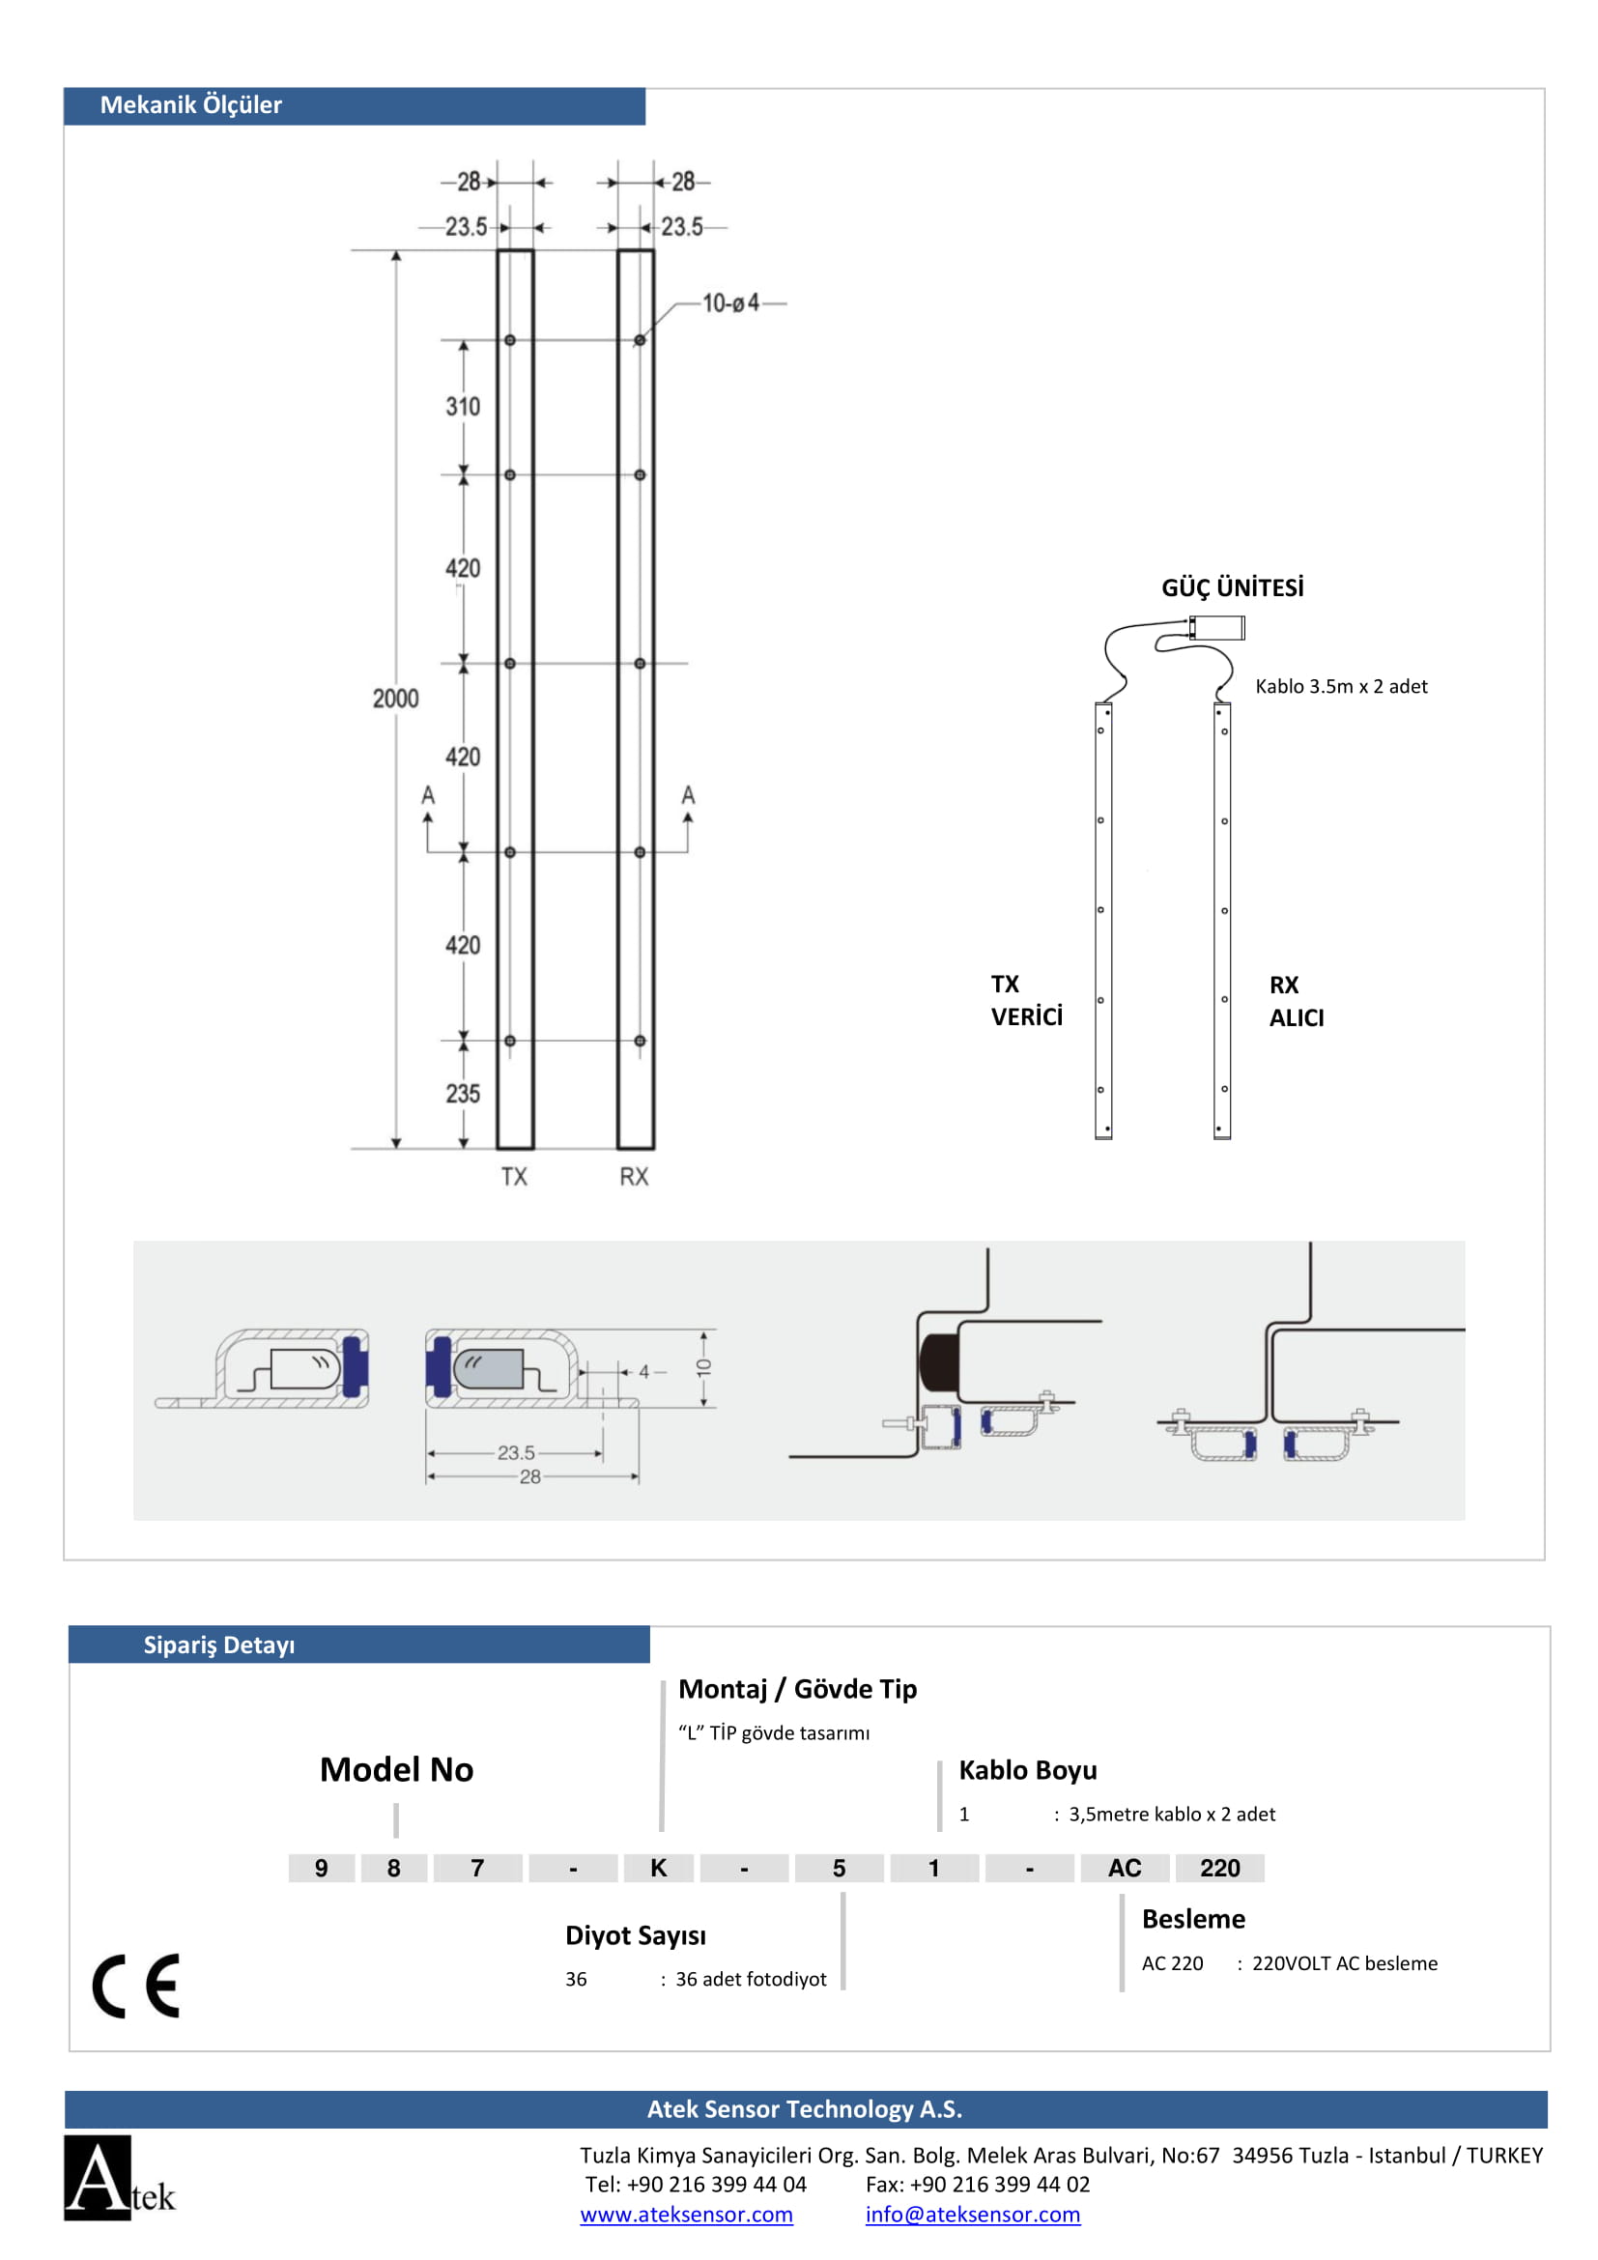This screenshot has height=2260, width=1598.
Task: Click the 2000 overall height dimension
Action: (394, 698)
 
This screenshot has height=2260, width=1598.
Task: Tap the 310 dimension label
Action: (463, 407)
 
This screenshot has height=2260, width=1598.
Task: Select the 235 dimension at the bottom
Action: (463, 1094)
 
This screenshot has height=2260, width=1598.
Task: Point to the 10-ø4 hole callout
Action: (730, 303)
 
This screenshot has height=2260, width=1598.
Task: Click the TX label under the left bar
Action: (514, 1176)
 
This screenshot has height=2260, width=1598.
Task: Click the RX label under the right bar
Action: (634, 1176)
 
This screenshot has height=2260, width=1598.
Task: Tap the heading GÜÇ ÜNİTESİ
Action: (1232, 587)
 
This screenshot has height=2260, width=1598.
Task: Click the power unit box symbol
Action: (1217, 627)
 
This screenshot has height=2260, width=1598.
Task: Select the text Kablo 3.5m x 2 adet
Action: (1340, 686)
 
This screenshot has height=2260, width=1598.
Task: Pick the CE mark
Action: (137, 1986)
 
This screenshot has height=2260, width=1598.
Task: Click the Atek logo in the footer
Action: (117, 2179)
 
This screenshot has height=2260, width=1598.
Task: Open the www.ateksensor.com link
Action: (686, 2214)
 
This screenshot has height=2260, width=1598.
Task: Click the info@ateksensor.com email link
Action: (972, 2214)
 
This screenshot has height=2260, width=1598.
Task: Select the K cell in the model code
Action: (658, 1868)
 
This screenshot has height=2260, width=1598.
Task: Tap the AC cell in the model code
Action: (1125, 1868)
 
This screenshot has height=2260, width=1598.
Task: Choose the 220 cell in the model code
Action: (1219, 1868)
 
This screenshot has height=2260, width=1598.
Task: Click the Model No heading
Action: (396, 1770)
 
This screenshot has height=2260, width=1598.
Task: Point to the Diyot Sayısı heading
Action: (636, 1935)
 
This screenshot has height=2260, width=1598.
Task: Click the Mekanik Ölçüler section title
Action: (191, 105)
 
